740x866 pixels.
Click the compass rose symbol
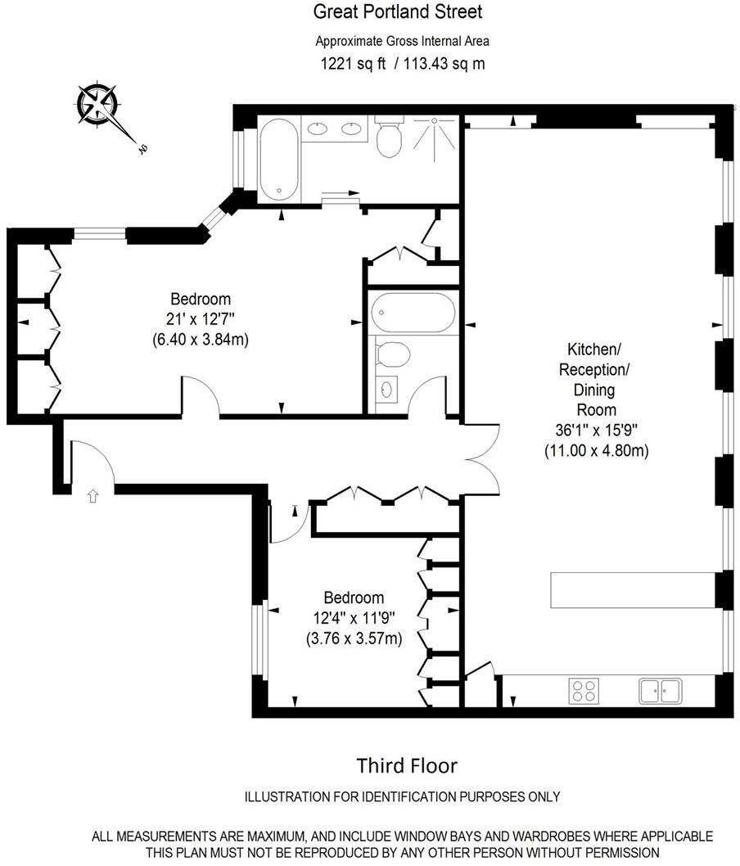tap(98, 104)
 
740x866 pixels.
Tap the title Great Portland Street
tap(398, 11)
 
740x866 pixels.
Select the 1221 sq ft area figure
tap(354, 64)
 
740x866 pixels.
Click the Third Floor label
tap(407, 766)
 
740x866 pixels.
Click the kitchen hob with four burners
tap(584, 690)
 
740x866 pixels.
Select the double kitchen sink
tap(661, 690)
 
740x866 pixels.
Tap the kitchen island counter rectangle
tap(634, 590)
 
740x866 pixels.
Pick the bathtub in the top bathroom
tap(279, 160)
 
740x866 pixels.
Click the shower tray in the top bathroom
tap(435, 139)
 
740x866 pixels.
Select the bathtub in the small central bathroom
tap(413, 312)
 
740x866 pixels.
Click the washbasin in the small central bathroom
tap(386, 390)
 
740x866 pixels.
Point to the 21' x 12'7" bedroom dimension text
tap(201, 318)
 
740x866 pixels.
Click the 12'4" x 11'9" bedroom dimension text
tap(354, 617)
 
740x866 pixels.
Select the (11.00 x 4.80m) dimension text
tap(597, 450)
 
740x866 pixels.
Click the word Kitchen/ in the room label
tap(594, 349)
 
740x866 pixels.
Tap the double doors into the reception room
tap(483, 458)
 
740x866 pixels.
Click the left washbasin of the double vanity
tap(317, 129)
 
